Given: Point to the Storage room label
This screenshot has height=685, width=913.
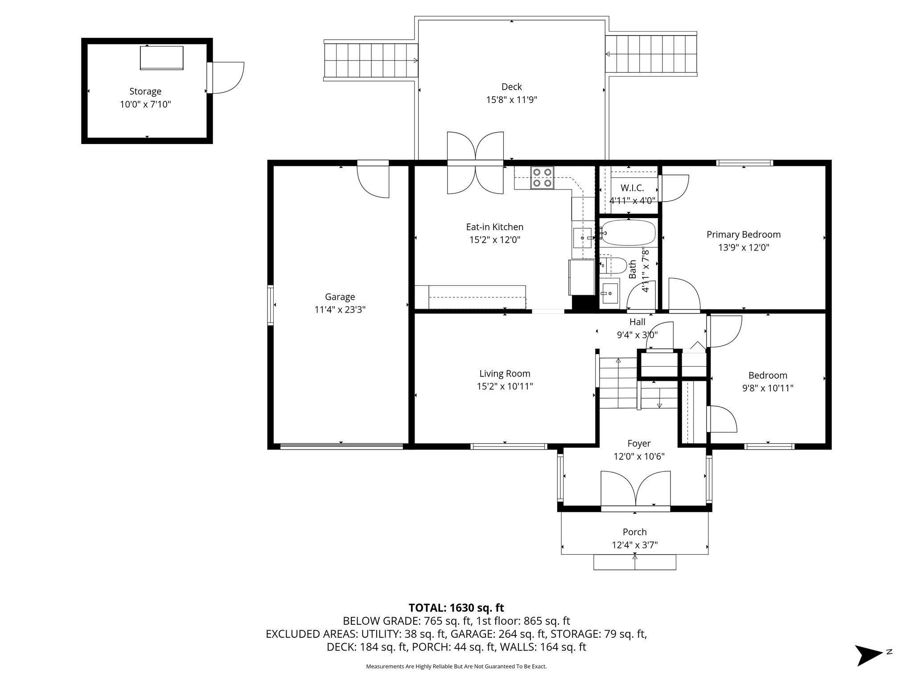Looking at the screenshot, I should click(145, 91).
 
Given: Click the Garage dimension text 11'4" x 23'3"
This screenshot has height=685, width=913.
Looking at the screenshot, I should click(340, 309).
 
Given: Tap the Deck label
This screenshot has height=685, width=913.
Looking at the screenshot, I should click(511, 87).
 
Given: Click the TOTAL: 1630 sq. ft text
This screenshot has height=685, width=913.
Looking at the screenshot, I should click(456, 607).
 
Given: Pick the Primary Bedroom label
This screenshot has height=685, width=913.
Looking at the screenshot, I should click(743, 234).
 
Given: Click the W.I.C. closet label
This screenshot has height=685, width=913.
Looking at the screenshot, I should click(632, 188).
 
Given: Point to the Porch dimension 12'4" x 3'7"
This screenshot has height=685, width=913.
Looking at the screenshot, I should click(634, 545).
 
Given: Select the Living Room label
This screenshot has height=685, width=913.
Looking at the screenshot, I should click(505, 374).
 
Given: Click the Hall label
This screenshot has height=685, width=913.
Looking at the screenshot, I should click(637, 322).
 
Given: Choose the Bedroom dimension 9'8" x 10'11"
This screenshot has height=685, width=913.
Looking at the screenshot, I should click(767, 388).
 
